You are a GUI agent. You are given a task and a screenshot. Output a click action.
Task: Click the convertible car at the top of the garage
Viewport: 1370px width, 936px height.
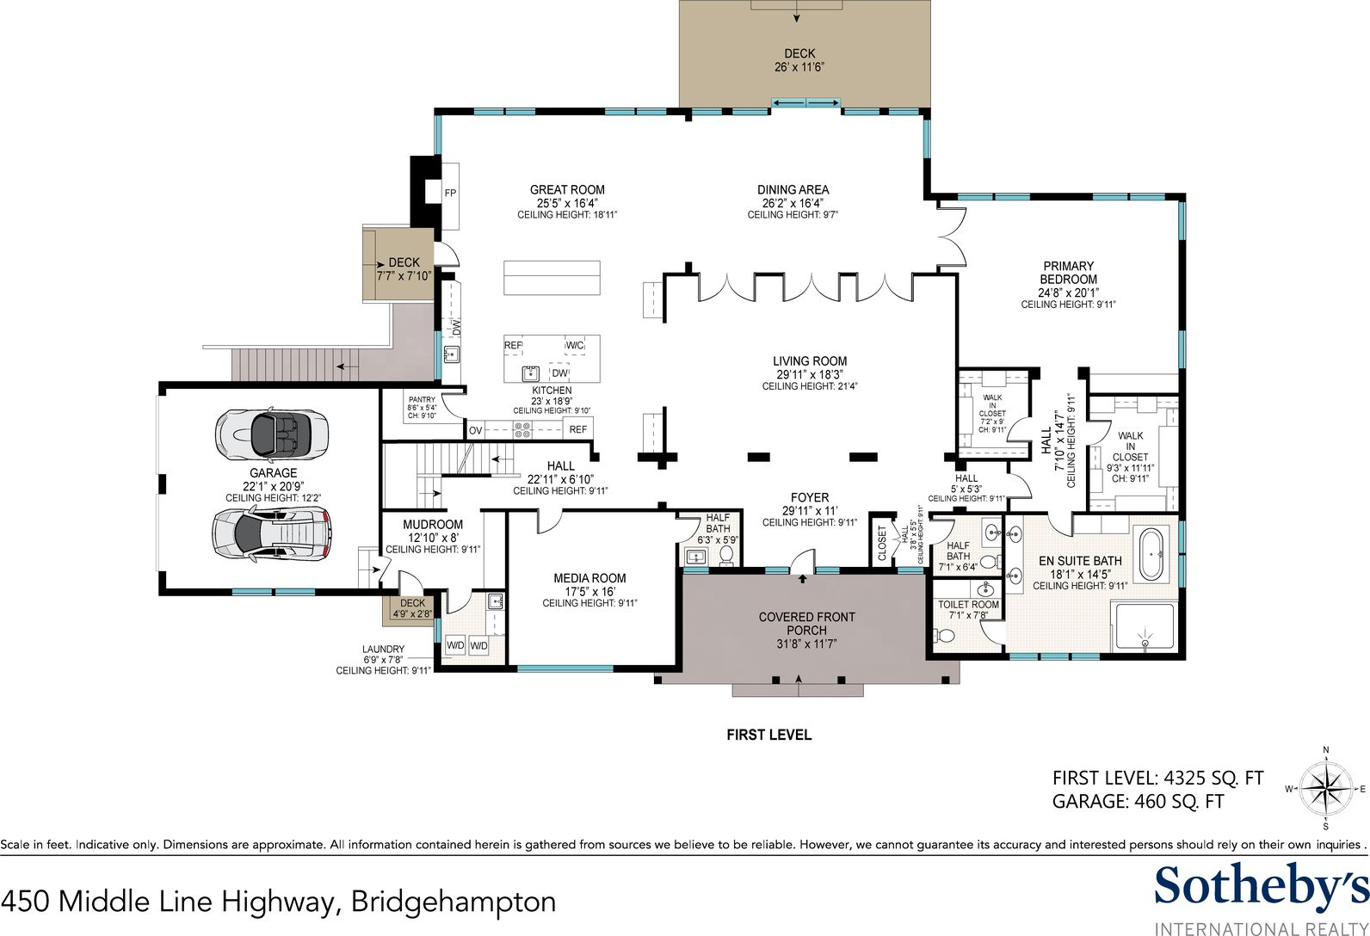(x=272, y=434)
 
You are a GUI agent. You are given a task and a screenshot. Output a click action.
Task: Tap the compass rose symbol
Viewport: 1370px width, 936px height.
(x=1325, y=789)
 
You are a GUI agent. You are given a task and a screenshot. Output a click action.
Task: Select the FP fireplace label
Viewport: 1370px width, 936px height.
(x=450, y=194)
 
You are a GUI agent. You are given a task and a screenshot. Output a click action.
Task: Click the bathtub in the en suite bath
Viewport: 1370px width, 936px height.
(x=1153, y=555)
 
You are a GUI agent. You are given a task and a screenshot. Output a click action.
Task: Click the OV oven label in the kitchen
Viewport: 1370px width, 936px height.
(x=476, y=430)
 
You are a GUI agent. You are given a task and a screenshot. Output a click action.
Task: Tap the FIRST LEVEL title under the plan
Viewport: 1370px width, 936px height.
(x=768, y=735)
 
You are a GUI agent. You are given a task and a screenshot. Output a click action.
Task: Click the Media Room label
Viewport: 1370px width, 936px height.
(x=589, y=578)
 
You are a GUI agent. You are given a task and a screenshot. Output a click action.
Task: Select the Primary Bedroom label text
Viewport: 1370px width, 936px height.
(x=1069, y=273)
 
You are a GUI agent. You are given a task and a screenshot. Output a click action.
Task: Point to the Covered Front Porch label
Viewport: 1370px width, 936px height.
(x=806, y=624)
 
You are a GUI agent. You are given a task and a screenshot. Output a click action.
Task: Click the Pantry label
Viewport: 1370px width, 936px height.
(x=422, y=400)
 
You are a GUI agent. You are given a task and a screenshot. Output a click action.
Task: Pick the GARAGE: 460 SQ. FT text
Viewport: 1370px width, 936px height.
(x=1138, y=802)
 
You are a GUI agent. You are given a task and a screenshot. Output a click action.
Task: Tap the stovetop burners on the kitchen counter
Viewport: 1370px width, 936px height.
(x=522, y=430)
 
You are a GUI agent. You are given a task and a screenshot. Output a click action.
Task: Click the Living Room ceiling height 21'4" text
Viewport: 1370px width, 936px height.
(x=810, y=386)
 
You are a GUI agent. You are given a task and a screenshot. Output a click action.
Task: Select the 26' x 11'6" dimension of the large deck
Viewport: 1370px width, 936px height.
(x=799, y=67)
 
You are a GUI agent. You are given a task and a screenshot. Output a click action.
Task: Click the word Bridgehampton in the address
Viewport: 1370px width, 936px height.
(x=454, y=902)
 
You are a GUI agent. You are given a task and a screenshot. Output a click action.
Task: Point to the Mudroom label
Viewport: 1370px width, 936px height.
(x=432, y=525)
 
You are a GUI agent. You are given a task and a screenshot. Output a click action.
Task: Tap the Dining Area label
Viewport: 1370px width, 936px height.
(x=793, y=189)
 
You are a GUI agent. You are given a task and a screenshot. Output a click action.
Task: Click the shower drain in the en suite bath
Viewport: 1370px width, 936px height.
(x=1145, y=643)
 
